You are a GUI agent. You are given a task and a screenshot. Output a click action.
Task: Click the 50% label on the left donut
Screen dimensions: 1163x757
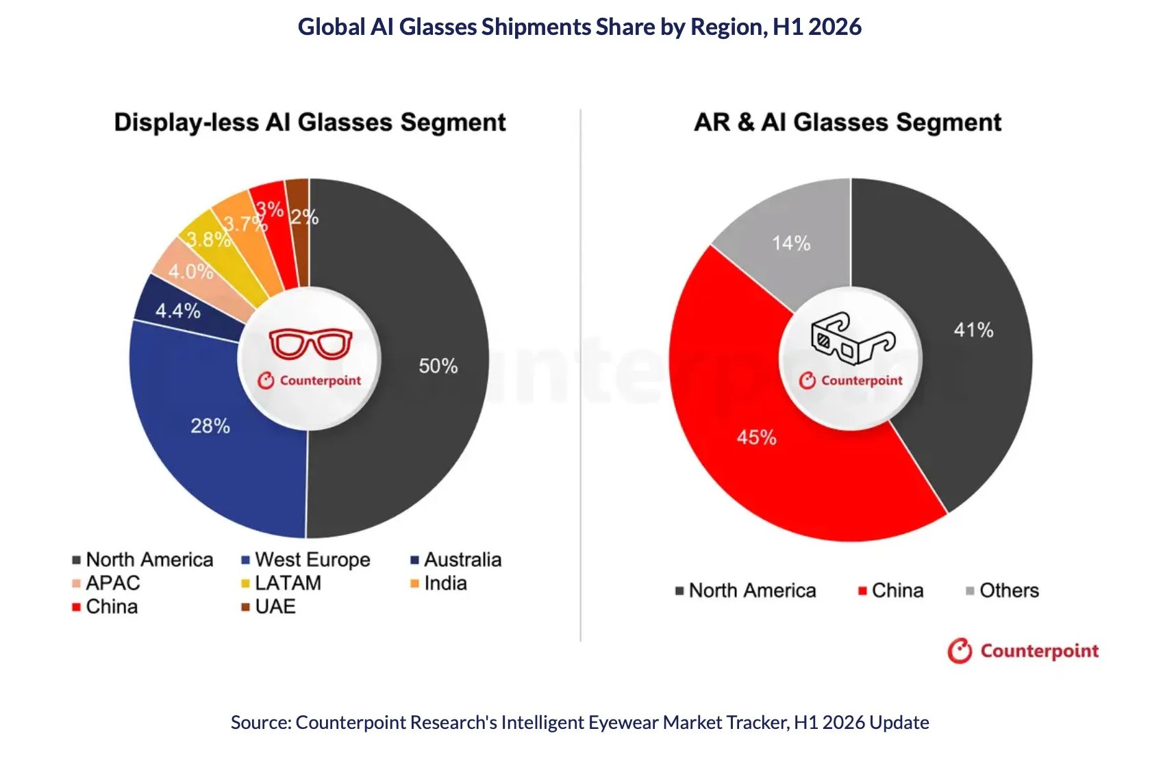click(438, 365)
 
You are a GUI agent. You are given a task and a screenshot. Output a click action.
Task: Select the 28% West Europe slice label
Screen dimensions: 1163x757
click(210, 426)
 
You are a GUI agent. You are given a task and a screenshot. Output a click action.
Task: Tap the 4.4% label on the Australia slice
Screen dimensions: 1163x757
click(177, 311)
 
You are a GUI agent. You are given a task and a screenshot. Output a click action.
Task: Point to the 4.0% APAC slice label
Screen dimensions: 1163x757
click(190, 271)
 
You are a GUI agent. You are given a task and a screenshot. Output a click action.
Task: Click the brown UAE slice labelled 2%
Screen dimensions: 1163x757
click(298, 233)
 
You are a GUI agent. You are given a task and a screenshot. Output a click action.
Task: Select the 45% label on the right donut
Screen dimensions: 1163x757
click(756, 437)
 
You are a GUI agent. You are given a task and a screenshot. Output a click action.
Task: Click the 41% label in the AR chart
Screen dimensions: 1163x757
click(973, 330)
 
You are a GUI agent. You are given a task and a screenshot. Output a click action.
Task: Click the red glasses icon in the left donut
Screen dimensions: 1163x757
click(310, 344)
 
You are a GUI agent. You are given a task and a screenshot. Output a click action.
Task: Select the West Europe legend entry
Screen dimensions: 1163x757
click(306, 560)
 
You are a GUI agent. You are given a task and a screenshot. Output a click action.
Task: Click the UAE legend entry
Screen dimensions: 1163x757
click(269, 606)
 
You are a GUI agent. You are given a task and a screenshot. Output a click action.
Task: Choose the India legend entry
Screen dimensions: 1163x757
click(439, 583)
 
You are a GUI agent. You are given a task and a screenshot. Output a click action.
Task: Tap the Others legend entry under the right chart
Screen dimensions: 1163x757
click(1002, 591)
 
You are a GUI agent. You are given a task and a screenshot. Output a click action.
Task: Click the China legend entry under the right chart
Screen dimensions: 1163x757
click(891, 591)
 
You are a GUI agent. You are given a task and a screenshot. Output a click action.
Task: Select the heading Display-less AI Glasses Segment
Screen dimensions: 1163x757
click(310, 123)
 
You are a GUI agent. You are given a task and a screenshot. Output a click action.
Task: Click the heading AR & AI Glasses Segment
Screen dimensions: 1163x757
click(848, 123)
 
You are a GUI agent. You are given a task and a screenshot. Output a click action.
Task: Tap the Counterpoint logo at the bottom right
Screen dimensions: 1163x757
click(1023, 651)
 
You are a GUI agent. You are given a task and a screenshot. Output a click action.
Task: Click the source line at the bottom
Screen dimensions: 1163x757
click(580, 722)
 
